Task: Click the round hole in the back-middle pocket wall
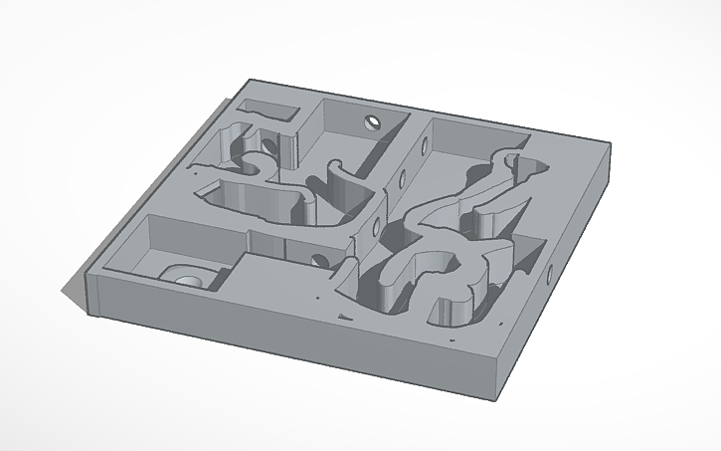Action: [x=372, y=123]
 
